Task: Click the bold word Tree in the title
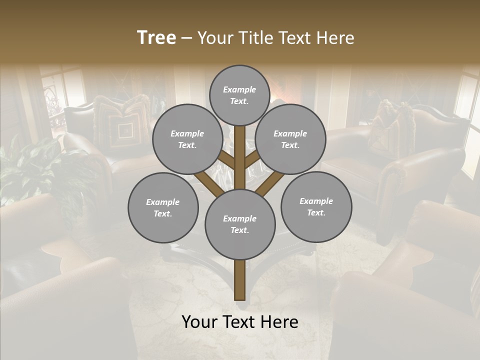156,38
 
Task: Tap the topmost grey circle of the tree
239,95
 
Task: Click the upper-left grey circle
187,139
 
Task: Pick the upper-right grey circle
290,139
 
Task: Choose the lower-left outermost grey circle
163,207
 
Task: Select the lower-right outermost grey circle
316,206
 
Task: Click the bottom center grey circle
239,224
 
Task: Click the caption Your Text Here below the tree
239,322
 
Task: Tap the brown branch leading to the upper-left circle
226,159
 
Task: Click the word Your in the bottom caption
199,322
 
